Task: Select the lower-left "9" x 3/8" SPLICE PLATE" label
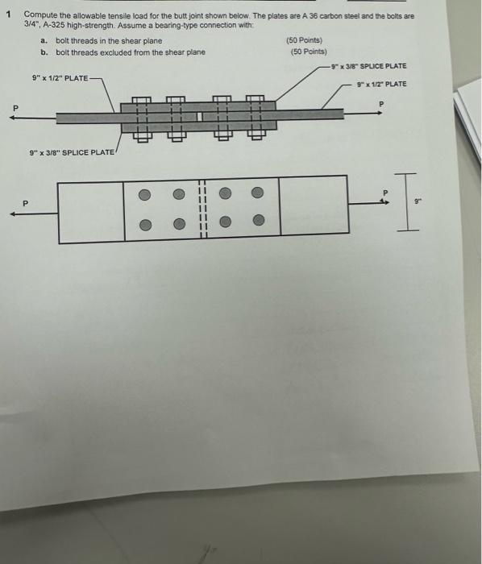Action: (x=73, y=152)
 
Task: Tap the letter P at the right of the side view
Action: (x=383, y=103)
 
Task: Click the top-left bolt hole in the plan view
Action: (x=145, y=193)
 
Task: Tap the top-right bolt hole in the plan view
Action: (x=257, y=193)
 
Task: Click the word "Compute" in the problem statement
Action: (x=40, y=15)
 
